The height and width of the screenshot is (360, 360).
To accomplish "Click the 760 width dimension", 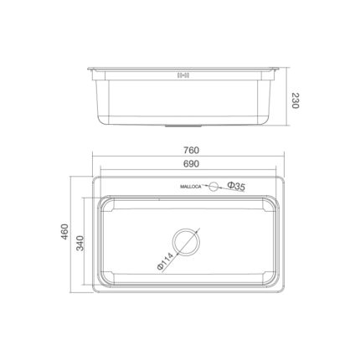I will coord(191,152).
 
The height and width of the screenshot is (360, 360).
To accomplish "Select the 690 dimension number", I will coord(191,165).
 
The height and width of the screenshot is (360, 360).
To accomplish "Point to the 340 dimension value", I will coord(81,244).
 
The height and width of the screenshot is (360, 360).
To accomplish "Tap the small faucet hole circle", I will coord(213,186).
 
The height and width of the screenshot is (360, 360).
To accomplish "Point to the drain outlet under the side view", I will coord(186,126).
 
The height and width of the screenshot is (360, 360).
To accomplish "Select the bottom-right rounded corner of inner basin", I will coord(277,282).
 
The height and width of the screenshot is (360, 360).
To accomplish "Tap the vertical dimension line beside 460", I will coord(73,237).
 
